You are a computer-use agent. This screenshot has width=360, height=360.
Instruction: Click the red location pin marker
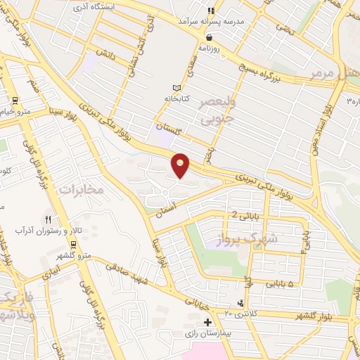(x=181, y=165)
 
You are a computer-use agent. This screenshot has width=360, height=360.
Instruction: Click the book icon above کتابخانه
(x=176, y=88)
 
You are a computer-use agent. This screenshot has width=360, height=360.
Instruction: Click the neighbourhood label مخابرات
(x=81, y=189)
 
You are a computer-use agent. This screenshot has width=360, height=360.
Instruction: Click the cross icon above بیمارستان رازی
(x=207, y=322)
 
